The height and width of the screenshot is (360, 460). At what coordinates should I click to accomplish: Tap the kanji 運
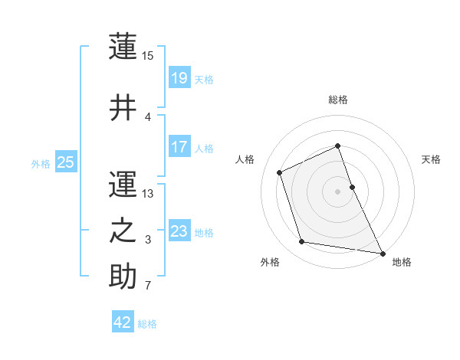123,183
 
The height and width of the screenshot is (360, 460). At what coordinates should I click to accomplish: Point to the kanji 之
123,230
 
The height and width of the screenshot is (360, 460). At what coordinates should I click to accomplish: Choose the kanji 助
123,276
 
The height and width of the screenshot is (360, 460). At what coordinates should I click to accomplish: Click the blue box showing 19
179,77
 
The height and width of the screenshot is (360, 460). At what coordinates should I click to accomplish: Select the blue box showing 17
179,147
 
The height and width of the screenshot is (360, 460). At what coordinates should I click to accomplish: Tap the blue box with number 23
179,231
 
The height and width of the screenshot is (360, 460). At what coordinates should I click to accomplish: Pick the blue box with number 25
66,162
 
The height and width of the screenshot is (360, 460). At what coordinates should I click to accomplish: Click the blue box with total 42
123,322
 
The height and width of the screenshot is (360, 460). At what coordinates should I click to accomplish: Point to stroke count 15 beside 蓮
148,55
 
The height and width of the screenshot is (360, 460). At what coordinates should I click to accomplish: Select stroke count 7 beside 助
148,286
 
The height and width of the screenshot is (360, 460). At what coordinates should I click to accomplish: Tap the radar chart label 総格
338,100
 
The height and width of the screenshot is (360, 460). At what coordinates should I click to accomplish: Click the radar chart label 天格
431,159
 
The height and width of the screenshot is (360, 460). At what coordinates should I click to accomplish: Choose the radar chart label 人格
245,159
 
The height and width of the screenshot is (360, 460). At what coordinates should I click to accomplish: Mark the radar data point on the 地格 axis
383,252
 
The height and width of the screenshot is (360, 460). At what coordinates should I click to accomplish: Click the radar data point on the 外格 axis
302,242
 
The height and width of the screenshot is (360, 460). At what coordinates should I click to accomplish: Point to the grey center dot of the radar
338,191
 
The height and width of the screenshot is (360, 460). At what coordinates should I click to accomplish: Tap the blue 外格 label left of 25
41,163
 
